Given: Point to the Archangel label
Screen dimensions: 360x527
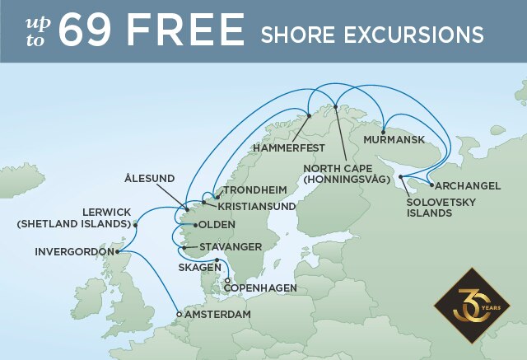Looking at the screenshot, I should [468, 186].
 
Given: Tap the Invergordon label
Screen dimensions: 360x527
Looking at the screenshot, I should [72, 251].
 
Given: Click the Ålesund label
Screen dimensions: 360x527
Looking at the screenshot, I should [150, 178].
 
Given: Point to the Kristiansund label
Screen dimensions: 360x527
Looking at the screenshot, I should [262, 206].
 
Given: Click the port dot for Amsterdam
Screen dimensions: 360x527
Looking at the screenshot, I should [179, 314].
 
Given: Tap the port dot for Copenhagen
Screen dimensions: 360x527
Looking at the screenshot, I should [227, 281].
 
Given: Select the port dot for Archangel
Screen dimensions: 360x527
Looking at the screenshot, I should [431, 185].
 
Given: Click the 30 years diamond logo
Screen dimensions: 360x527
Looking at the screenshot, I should [472, 305].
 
